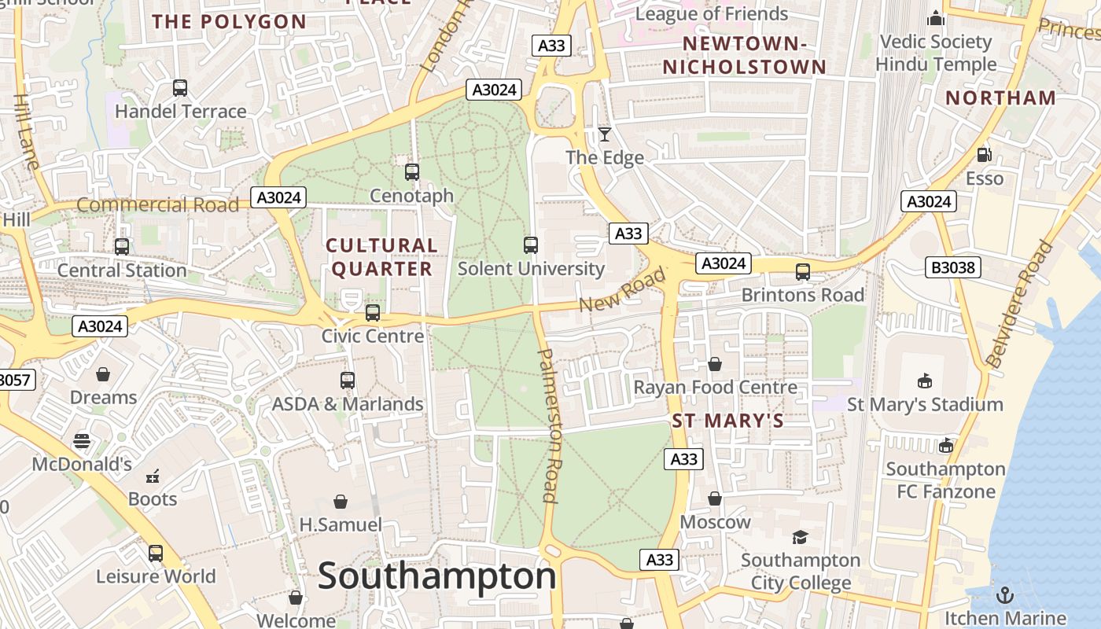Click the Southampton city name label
437,576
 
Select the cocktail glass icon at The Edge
604,134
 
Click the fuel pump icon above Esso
984,155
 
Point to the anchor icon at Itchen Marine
1003,594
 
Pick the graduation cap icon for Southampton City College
800,537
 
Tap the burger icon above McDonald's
82,440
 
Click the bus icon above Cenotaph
411,171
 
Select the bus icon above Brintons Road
802,272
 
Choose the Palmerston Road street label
548,425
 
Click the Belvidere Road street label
1018,305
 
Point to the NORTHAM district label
1000,98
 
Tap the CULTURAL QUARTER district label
381,257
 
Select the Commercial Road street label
157,205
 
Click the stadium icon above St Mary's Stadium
925,381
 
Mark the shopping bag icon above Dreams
103,374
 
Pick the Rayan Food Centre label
715,388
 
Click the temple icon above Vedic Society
936,18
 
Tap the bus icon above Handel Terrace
180,88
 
